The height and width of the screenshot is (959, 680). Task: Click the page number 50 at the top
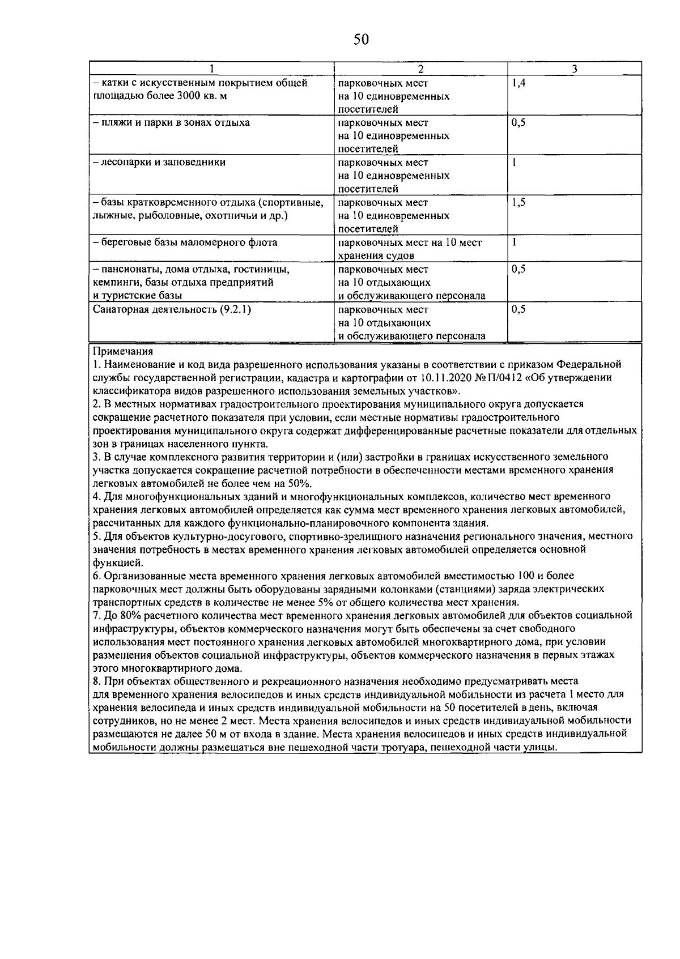point(361,39)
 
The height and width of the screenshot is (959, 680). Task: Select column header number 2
point(420,69)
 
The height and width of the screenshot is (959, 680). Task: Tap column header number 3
point(574,69)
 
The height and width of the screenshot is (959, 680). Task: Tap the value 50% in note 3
point(300,483)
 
